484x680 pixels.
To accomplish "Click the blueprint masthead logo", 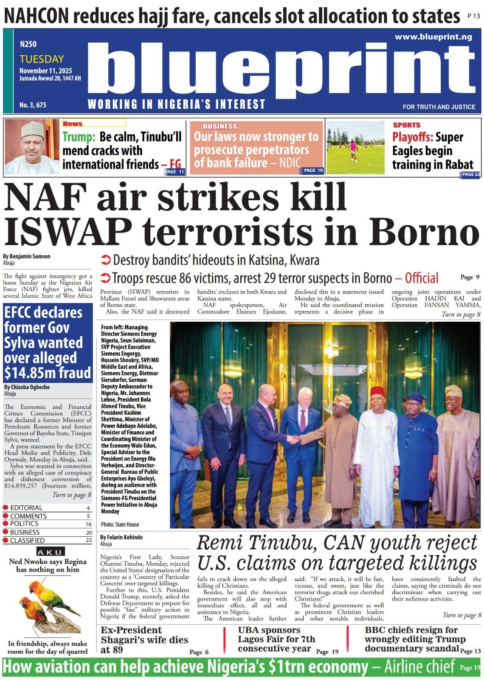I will [x=280, y=70].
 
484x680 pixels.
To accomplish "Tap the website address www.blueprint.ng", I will [x=433, y=37].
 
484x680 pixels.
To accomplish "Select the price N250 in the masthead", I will [x=28, y=44].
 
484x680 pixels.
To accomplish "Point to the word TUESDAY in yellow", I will [x=42, y=59].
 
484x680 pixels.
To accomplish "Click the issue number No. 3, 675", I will [x=33, y=105].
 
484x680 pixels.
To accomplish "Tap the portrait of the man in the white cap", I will [x=32, y=147].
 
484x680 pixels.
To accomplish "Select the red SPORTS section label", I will [x=406, y=125].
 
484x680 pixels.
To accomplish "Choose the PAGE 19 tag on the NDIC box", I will [x=313, y=170].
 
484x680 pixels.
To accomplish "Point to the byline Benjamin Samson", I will [x=26, y=256].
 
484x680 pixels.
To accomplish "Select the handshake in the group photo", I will [x=293, y=439].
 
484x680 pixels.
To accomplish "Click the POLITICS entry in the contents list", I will [x=24, y=524].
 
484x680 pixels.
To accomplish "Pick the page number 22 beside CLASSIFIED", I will [x=89, y=540].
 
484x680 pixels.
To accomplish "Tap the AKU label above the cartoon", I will [x=50, y=552].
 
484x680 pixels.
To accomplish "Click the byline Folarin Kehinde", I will [x=121, y=537].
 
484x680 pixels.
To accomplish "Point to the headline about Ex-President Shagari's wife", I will [x=144, y=640].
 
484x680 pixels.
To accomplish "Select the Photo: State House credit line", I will [x=120, y=524].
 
